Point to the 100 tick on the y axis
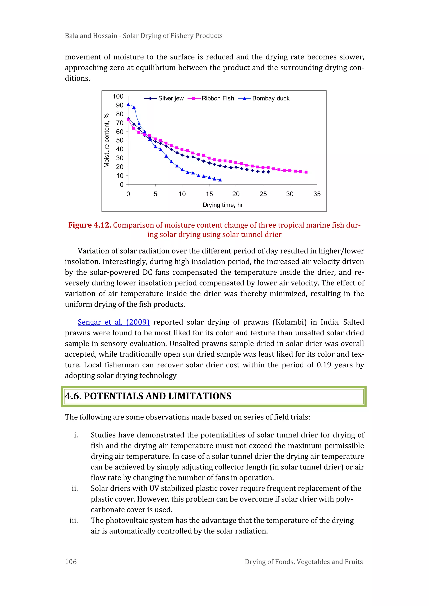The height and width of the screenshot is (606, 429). coord(118,96)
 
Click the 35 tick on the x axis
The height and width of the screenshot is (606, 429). coord(317,194)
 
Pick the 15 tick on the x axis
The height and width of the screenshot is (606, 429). coord(209,194)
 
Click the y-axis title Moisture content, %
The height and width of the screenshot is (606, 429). coord(106,140)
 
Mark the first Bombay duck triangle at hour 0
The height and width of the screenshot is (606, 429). coord(128,104)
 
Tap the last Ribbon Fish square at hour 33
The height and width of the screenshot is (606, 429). coord(306,172)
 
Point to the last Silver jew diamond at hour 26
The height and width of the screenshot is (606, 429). coord(268,172)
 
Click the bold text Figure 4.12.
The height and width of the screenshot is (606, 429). coord(90,225)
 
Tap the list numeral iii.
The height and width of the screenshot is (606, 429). coord(74,520)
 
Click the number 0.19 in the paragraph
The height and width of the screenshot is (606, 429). coord(324,365)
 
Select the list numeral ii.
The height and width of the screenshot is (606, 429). coord(75,488)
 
